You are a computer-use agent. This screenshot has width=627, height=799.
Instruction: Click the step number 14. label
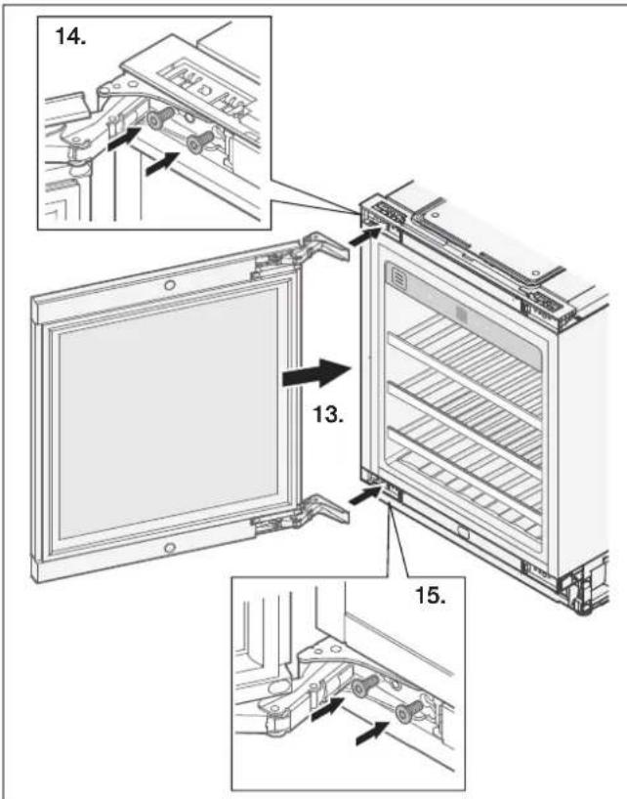(x=70, y=36)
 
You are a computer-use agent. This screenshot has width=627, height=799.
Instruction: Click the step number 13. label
(x=328, y=415)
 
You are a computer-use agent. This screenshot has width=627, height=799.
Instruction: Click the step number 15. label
(x=431, y=595)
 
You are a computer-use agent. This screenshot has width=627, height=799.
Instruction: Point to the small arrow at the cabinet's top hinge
(x=364, y=236)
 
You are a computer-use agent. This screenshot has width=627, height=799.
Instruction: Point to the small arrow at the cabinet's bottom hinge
(x=364, y=494)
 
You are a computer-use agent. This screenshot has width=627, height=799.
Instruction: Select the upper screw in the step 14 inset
(x=159, y=119)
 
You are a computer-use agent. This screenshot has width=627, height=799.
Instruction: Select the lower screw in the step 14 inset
(x=199, y=143)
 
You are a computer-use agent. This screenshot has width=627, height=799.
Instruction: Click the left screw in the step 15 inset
(x=364, y=686)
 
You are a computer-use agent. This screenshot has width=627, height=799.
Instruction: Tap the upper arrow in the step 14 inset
(x=124, y=139)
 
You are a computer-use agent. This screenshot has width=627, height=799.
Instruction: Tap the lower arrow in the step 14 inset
(x=162, y=163)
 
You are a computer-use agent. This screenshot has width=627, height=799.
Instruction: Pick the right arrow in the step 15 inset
(x=372, y=734)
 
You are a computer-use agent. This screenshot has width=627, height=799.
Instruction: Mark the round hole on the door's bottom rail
(x=170, y=548)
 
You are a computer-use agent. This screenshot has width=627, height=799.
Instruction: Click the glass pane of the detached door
(x=168, y=414)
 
